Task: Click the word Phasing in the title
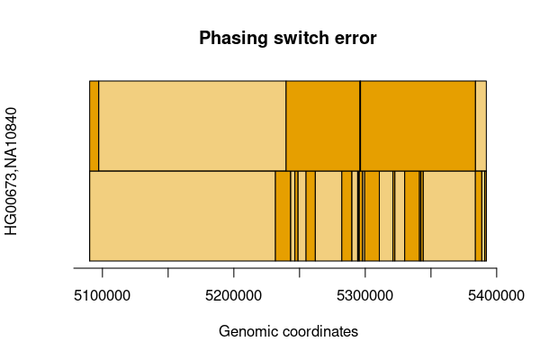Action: point(233,38)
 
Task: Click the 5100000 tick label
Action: point(103,295)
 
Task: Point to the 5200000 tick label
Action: point(233,295)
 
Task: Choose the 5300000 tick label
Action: point(364,295)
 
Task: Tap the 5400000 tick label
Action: point(496,295)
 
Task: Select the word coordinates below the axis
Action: point(320,331)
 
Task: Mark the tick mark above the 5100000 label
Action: point(103,272)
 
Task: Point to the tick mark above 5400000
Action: point(496,272)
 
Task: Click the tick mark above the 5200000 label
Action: point(234,272)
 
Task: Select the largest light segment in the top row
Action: point(193,126)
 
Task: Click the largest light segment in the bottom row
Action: point(183,216)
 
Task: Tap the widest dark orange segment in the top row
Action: point(418,126)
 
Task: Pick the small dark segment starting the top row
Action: point(94,126)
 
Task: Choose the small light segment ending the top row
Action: point(481,126)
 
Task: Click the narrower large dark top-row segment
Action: point(323,126)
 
